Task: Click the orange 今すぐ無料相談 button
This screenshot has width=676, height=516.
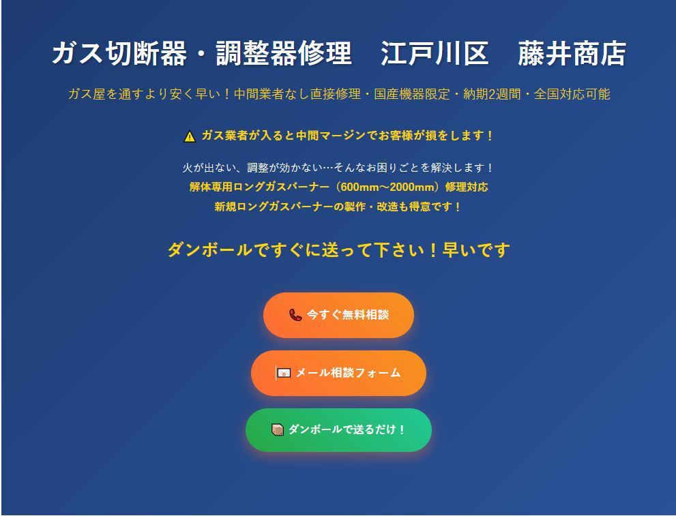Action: pyautogui.click(x=338, y=315)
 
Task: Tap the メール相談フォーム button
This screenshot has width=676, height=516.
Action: pyautogui.click(x=338, y=373)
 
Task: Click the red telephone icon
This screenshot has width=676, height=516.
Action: pyautogui.click(x=295, y=315)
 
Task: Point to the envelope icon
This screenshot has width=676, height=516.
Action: pyautogui.click(x=283, y=373)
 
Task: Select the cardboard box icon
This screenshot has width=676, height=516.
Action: pyautogui.click(x=278, y=429)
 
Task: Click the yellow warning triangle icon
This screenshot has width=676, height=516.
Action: pyautogui.click(x=190, y=136)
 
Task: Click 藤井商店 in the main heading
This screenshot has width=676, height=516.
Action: pyautogui.click(x=572, y=53)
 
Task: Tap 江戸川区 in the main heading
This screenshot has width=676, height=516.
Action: pyautogui.click(x=435, y=53)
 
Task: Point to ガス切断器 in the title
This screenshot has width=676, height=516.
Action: pyautogui.click(x=120, y=53)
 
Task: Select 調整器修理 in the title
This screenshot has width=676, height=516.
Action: pyautogui.click(x=284, y=53)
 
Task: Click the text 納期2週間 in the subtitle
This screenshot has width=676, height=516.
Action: pyautogui.click(x=492, y=94)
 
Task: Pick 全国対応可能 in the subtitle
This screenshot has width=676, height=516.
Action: pyautogui.click(x=572, y=94)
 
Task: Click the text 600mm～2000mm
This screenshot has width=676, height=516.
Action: pyautogui.click(x=387, y=187)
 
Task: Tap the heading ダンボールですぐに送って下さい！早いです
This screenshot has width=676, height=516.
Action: pyautogui.click(x=338, y=249)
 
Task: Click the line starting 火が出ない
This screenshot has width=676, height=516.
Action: pyautogui.click(x=338, y=168)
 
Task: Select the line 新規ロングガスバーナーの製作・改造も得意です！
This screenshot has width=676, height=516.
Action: pyautogui.click(x=338, y=207)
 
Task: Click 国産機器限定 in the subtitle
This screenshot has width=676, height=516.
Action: pyautogui.click(x=412, y=94)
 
